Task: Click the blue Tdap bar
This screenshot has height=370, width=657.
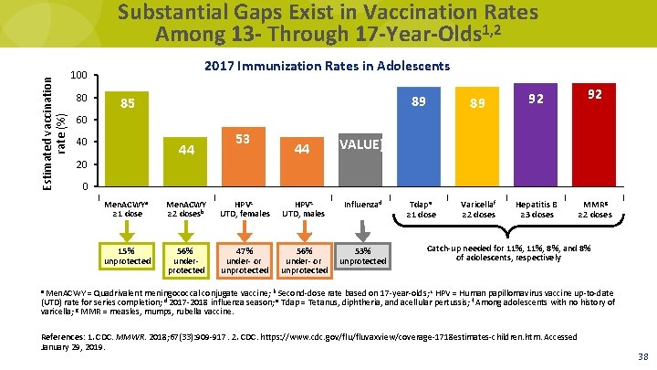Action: click(x=422, y=137)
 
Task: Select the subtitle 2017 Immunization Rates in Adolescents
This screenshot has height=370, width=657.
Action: click(x=327, y=67)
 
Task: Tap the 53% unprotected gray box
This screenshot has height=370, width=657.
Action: click(x=362, y=257)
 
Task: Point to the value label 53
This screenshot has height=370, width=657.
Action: click(x=243, y=138)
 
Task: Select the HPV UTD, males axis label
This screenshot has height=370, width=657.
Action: click(x=304, y=209)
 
